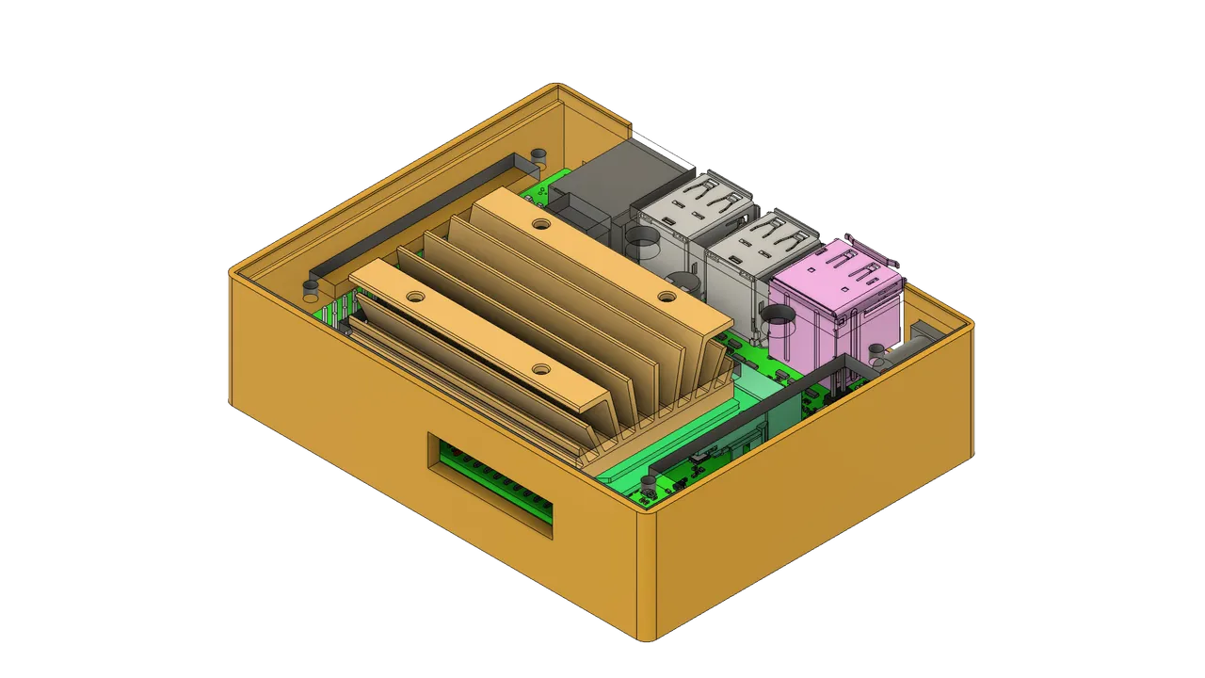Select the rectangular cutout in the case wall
490,485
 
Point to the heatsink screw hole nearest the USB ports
667,297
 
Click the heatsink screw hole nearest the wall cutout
539,369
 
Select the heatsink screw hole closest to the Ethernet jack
539,224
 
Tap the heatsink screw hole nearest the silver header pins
412,296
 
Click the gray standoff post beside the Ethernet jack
538,155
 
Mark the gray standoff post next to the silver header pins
310,285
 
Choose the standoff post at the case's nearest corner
648,484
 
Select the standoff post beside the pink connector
877,351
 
